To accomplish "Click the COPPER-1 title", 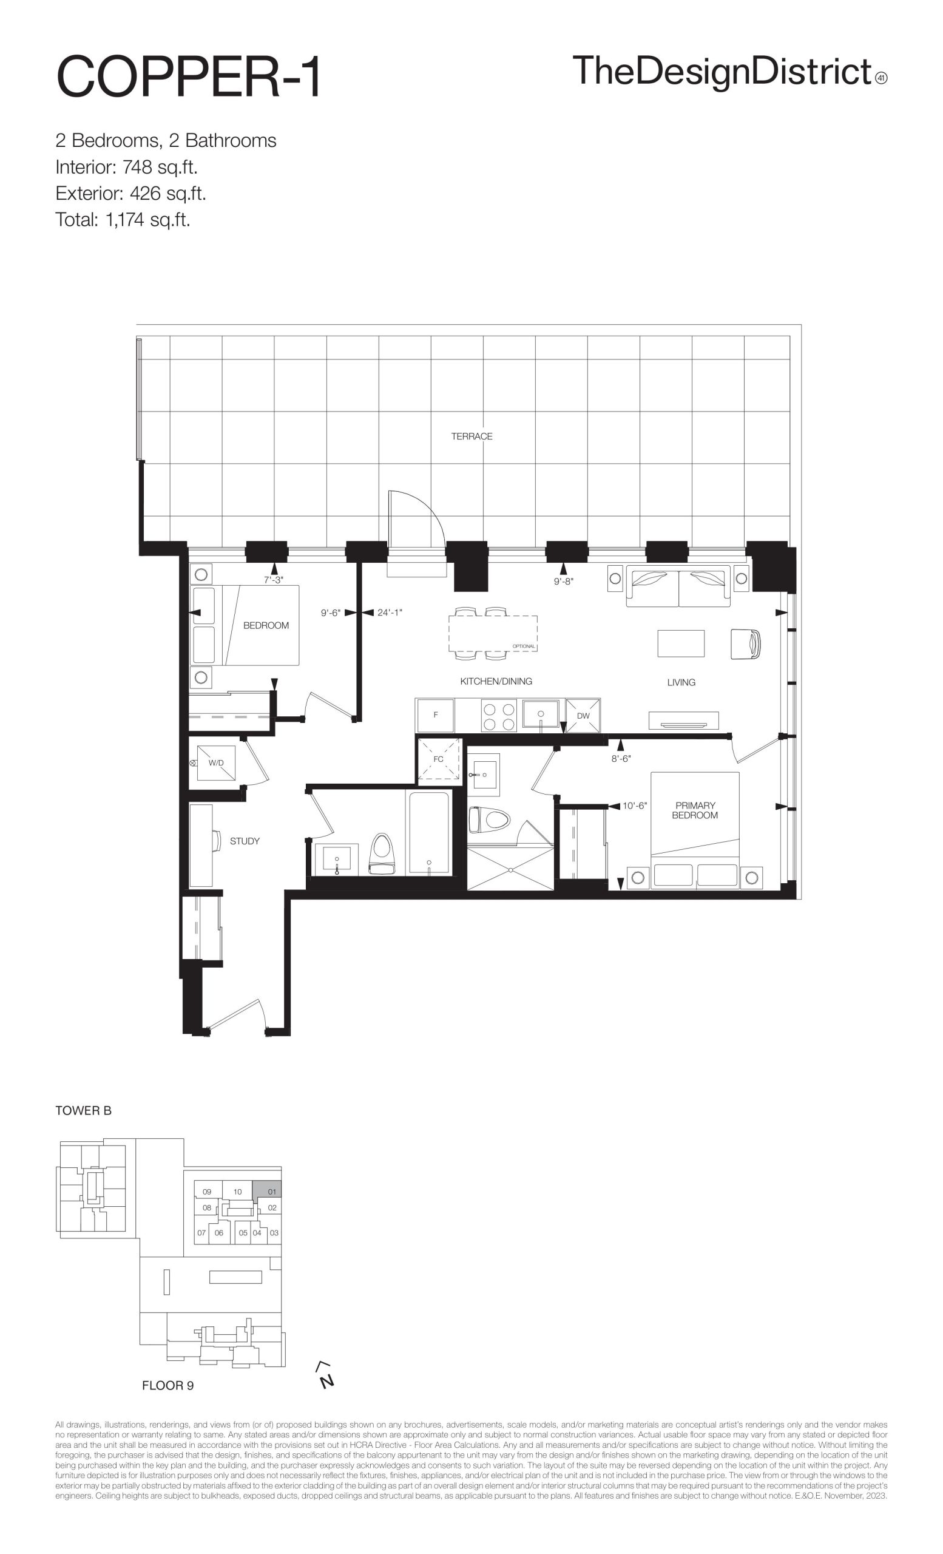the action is pos(189,77).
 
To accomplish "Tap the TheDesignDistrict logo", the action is pos(729,70).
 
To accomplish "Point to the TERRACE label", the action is pos(471,436).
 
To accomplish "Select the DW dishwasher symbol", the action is pos(583,716).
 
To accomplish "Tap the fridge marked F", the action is pos(435,715).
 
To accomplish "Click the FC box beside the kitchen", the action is pos(439,759).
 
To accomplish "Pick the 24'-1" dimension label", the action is pos(390,612).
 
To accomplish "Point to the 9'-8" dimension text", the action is pos(564,582).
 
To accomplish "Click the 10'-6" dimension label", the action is pos(635,806).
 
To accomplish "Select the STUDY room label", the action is pos(245,841).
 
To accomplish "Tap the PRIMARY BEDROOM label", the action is pos(695,810).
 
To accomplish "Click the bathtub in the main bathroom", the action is pos(429,832).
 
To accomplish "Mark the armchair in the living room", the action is pos(746,644).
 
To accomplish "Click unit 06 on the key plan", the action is pos(218,1233).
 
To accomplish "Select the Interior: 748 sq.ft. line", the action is pos(127,167).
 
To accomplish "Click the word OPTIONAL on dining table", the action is pos(524,646).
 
